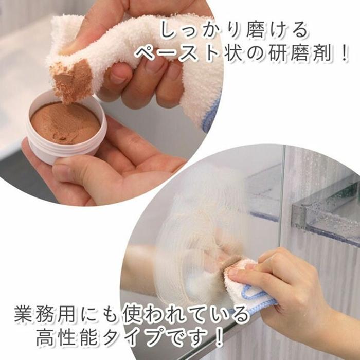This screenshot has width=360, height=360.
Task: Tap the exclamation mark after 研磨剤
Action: pyautogui.click(x=344, y=53)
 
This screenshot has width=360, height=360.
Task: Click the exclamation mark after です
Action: pyautogui.click(x=219, y=337)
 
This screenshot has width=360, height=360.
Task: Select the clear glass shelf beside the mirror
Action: pyautogui.click(x=319, y=206)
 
